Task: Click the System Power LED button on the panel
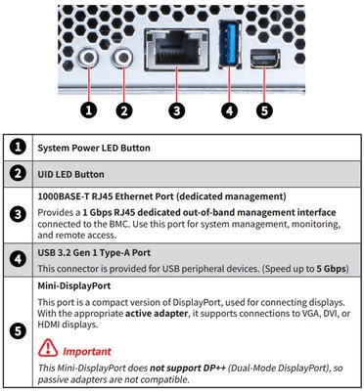[x=88, y=58]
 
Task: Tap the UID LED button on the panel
[x=123, y=58]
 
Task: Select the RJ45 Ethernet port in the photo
[x=176, y=50]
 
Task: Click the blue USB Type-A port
[x=230, y=43]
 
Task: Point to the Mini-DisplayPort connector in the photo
[x=265, y=59]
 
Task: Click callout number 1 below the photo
[x=89, y=110]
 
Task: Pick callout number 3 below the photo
[x=176, y=110]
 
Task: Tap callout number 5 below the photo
[x=264, y=110]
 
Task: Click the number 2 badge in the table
[x=18, y=174]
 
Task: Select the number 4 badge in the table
[x=18, y=259]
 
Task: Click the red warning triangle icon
[x=48, y=348]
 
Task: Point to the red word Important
[x=87, y=352]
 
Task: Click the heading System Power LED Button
[x=94, y=148]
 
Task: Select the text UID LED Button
[x=70, y=174]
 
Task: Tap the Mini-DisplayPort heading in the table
[x=74, y=285]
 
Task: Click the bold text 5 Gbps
[x=331, y=269]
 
